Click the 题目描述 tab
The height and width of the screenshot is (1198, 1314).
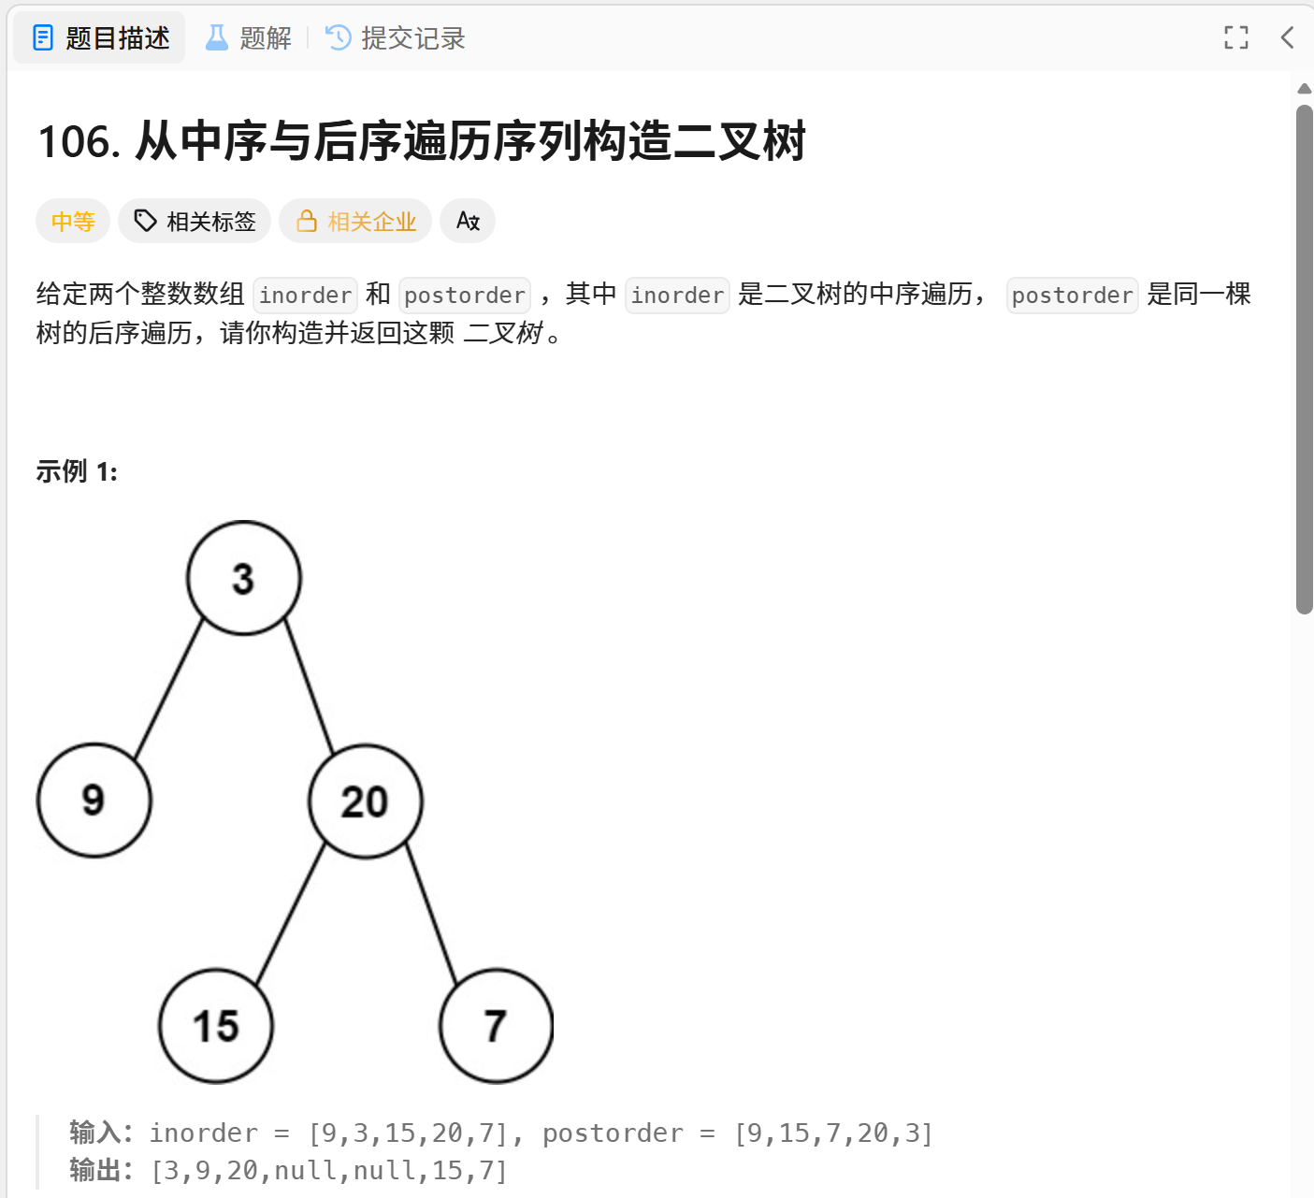coord(100,38)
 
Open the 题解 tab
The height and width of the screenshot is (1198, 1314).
coord(248,38)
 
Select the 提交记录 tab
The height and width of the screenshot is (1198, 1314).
coord(395,38)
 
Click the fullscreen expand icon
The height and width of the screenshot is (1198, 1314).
coord(1235,37)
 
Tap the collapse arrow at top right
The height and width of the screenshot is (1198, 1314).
coord(1287,37)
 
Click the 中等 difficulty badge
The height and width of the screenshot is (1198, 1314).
coord(73,222)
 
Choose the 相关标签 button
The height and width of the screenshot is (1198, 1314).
coord(195,222)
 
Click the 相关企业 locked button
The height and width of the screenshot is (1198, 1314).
coord(355,222)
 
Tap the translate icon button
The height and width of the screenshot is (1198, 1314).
coord(468,222)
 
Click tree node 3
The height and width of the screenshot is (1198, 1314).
coord(244,578)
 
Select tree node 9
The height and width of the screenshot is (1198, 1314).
coord(94,801)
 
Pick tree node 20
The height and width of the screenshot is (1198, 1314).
coord(365,801)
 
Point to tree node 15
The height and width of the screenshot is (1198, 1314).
coord(216,1026)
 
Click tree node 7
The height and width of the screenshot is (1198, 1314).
coord(496,1026)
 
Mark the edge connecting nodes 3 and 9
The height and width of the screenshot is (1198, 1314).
coord(168,689)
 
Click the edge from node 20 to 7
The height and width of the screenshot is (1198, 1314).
coord(431,914)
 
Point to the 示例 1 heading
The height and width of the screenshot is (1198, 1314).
coord(77,471)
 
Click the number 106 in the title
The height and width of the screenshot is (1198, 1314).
coord(79,142)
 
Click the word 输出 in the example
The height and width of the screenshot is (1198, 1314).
coord(95,1170)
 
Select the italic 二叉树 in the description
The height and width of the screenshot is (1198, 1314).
coord(503,333)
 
